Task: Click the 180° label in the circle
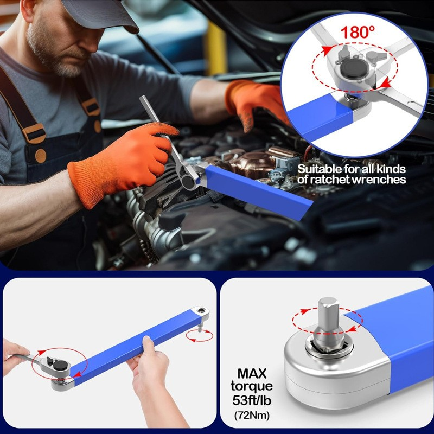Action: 358,32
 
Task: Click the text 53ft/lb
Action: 251,401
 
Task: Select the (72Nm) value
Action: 251,416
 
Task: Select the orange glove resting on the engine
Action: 255,100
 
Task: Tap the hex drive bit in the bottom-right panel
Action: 329,320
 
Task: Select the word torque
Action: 251,387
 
